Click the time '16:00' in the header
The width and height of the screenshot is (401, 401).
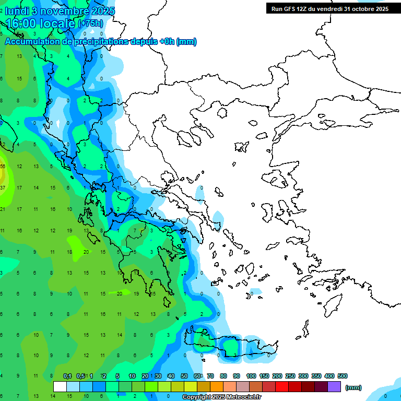[x=23, y=23]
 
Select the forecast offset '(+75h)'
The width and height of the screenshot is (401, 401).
[x=90, y=23]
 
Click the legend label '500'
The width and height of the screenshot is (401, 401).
[x=343, y=376]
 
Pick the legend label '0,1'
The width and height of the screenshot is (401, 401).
[x=67, y=376]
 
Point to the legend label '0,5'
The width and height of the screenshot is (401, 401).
[x=80, y=376]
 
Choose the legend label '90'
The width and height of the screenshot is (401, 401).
[x=237, y=376]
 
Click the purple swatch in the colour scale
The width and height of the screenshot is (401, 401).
[x=334, y=386]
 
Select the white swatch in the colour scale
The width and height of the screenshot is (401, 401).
[x=60, y=386]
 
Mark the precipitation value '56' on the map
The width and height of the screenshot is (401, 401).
[x=3, y=167]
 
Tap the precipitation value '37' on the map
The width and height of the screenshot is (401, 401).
[x=3, y=187]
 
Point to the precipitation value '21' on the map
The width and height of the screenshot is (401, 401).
[x=3, y=209]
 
